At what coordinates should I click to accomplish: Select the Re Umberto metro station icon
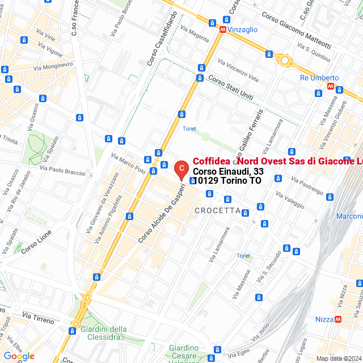(331, 87)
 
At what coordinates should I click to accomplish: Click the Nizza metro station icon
(339, 319)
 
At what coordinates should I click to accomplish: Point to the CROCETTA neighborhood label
(217, 210)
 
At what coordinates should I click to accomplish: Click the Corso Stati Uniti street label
(230, 87)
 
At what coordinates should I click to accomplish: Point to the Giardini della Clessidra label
(104, 334)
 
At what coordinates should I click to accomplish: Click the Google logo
(19, 356)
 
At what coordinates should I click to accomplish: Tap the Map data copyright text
(339, 358)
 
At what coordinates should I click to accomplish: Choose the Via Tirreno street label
(39, 317)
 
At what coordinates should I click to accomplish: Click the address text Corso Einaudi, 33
(228, 171)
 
